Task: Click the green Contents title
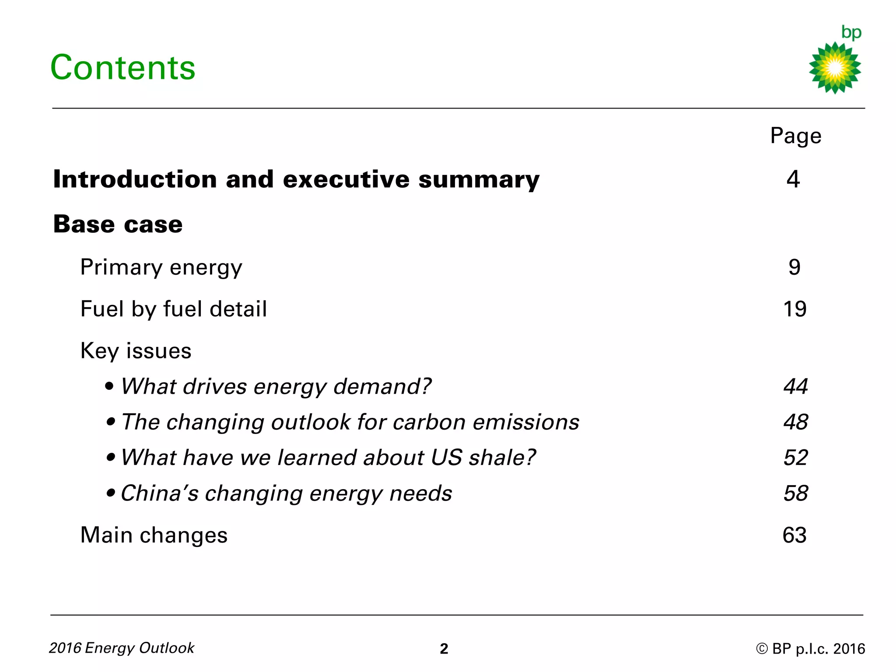click(123, 68)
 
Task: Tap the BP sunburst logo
click(835, 67)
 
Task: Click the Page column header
click(795, 136)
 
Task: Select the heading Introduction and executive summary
click(296, 179)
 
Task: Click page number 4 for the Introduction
click(793, 179)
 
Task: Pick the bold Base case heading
click(118, 224)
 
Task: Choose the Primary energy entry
click(161, 267)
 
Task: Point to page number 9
click(794, 267)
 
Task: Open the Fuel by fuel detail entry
click(174, 309)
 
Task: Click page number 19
click(794, 309)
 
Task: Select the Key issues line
click(136, 351)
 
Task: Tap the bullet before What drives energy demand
click(110, 386)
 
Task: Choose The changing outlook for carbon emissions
click(350, 422)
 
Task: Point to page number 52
click(795, 458)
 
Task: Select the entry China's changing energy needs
click(286, 493)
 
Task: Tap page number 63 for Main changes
click(794, 535)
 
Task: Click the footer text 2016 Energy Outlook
click(122, 648)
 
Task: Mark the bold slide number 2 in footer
click(444, 649)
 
